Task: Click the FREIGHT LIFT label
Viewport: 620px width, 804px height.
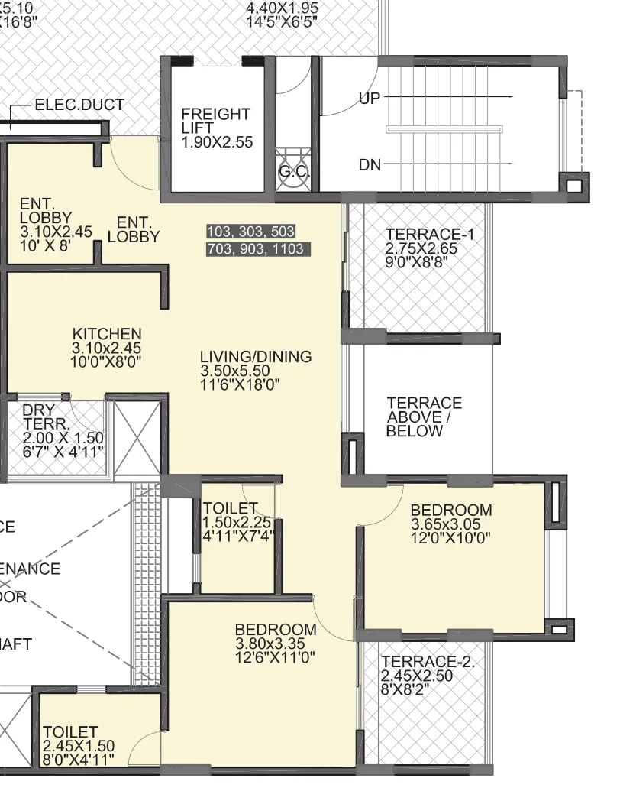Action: click(215, 121)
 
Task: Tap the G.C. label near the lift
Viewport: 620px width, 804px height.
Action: click(293, 172)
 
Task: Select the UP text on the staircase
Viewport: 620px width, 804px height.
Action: click(370, 99)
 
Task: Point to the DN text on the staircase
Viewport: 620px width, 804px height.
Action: click(370, 165)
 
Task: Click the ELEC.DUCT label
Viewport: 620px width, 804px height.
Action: click(79, 105)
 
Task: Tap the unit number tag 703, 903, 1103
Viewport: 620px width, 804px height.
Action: click(255, 249)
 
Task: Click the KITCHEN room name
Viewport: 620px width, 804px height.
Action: click(107, 334)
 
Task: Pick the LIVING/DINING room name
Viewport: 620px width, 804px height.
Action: click(256, 357)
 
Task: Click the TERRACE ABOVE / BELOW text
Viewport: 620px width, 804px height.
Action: click(424, 417)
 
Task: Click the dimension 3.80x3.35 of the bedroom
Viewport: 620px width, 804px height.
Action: click(275, 644)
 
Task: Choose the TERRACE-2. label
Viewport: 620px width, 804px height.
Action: click(428, 662)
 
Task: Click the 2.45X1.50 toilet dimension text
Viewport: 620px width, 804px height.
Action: click(79, 746)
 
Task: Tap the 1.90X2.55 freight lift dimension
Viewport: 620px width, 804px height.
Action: click(217, 142)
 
